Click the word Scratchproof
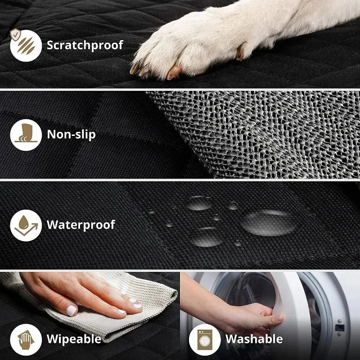point(85,45)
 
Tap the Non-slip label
point(71,134)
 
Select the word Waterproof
point(81,224)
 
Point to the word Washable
point(254,338)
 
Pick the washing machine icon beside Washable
point(201,338)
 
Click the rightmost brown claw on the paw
point(174,72)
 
